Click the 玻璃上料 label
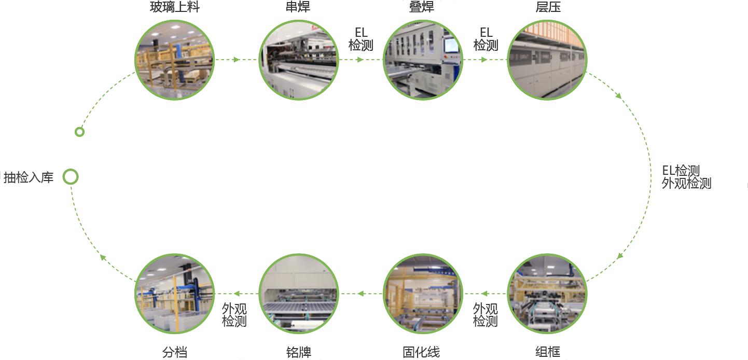click(x=174, y=7)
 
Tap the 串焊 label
click(x=298, y=7)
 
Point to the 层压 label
click(x=548, y=7)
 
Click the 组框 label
click(x=547, y=352)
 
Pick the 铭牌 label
click(x=298, y=352)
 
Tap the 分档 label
click(x=174, y=352)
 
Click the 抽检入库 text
click(x=29, y=177)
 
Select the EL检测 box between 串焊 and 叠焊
click(x=361, y=39)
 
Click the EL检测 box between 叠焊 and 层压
click(x=486, y=39)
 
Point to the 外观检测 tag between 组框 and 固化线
click(x=486, y=315)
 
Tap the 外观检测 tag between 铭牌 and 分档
click(x=235, y=314)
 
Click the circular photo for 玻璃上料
click(x=174, y=60)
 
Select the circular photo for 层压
click(x=547, y=60)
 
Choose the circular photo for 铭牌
click(x=298, y=294)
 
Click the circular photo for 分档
click(x=174, y=294)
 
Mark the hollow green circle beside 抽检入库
click(x=71, y=177)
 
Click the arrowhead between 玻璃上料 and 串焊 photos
click(x=237, y=60)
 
